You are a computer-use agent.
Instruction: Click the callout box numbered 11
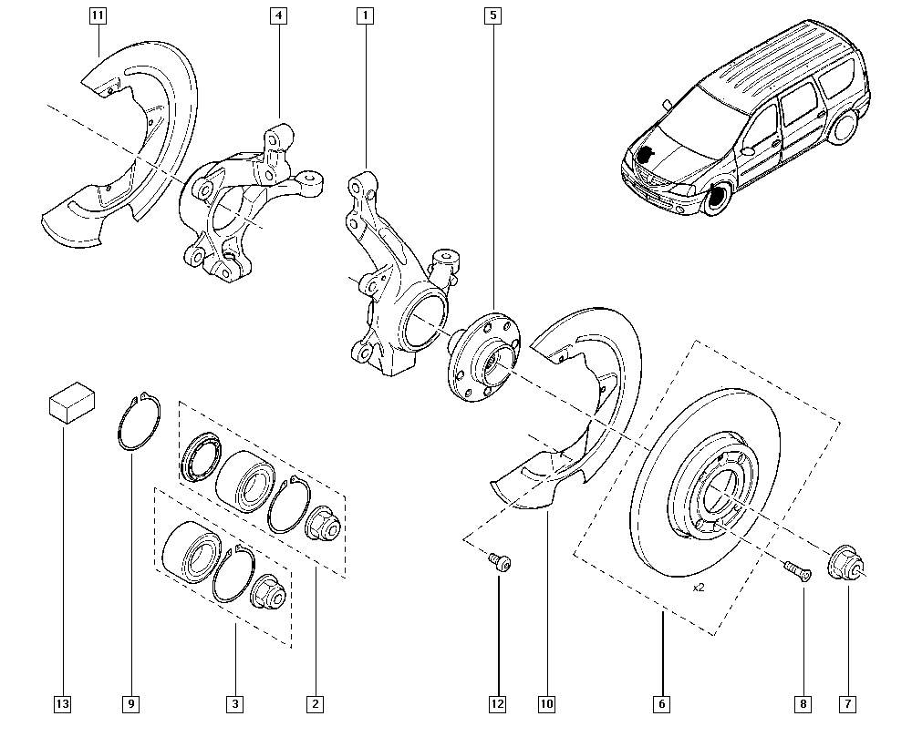98,15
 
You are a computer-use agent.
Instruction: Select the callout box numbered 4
278,15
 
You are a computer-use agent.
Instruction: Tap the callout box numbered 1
366,15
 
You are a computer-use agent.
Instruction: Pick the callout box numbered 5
492,15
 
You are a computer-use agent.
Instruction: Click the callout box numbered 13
62,704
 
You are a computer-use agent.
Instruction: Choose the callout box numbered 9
131,704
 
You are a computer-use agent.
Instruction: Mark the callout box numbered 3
235,704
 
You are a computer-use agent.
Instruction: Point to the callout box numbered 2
316,704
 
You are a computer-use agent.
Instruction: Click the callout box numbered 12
497,704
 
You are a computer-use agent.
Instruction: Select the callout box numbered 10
546,704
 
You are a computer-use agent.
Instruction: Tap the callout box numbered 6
661,704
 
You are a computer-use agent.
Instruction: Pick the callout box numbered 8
803,704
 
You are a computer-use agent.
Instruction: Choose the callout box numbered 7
848,704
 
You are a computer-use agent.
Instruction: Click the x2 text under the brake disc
699,588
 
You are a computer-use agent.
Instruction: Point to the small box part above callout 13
72,402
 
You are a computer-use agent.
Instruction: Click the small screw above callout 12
500,562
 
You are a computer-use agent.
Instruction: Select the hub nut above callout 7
845,563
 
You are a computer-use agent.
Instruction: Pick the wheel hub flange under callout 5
484,357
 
